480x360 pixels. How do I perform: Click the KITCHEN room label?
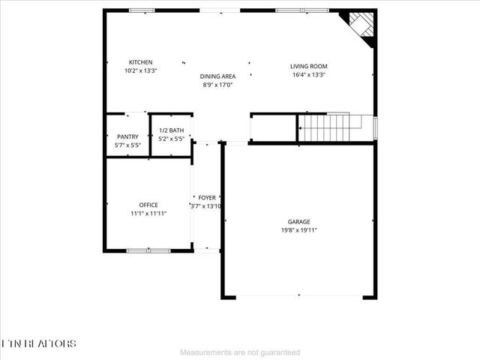tap(140, 62)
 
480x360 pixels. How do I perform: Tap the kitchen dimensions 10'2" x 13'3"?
tap(140, 71)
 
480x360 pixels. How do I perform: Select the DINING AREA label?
tap(217, 76)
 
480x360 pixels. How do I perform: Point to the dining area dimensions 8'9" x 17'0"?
tap(217, 85)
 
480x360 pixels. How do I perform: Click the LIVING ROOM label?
tap(309, 66)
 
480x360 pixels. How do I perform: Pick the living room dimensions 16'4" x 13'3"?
tap(309, 75)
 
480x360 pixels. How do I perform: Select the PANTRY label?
tap(126, 136)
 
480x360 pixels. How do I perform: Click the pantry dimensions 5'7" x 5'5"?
tap(126, 145)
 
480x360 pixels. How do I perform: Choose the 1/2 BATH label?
tap(171, 130)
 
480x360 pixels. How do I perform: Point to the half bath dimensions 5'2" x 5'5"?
tap(171, 139)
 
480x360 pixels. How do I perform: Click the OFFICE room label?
tap(148, 205)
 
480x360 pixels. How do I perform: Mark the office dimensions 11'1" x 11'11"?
tap(148, 214)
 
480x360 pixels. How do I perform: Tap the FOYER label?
tap(207, 197)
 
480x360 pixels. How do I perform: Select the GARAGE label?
tap(298, 222)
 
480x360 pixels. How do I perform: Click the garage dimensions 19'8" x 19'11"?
tap(298, 231)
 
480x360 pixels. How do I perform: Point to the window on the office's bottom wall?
tap(148, 250)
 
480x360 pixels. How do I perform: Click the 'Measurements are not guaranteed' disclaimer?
tap(240, 352)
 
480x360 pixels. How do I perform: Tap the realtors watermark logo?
tap(39, 343)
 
